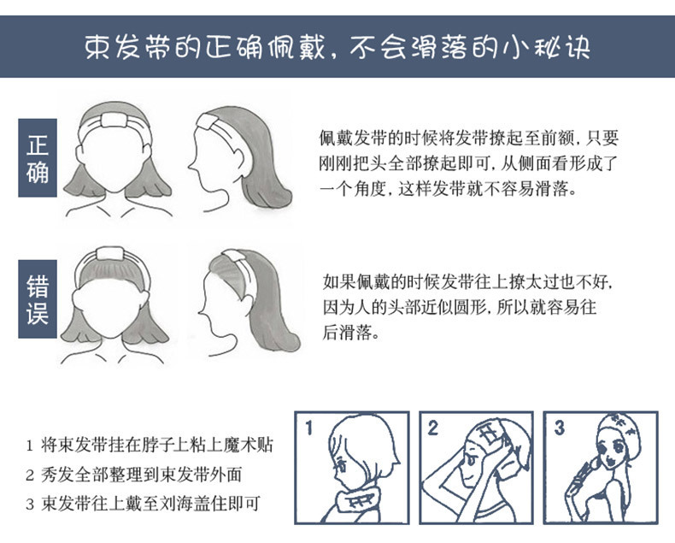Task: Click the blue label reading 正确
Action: pyautogui.click(x=38, y=157)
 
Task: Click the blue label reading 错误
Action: pyautogui.click(x=38, y=299)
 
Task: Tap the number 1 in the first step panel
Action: pyautogui.click(x=308, y=428)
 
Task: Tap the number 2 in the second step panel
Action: pyautogui.click(x=432, y=428)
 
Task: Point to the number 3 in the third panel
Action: pyautogui.click(x=559, y=428)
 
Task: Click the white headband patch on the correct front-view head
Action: pyautogui.click(x=114, y=120)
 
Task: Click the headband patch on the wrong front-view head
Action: pyautogui.click(x=110, y=253)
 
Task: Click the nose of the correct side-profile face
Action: pyautogui.click(x=190, y=165)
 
